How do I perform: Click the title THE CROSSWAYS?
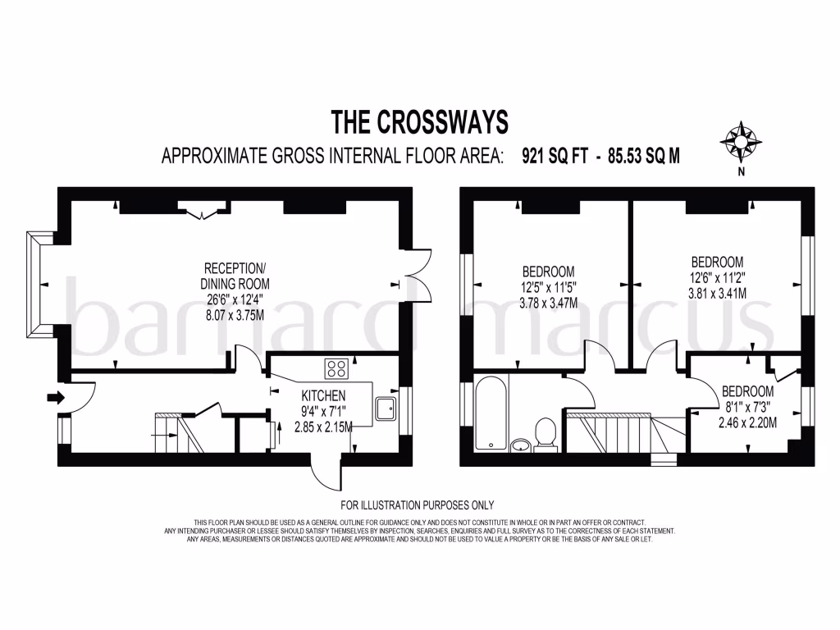click(x=419, y=121)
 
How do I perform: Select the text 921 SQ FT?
click(x=555, y=155)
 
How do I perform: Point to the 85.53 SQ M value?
click(x=643, y=155)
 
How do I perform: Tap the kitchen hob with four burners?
click(x=336, y=369)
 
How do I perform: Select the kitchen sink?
click(x=385, y=408)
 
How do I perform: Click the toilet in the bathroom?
click(x=546, y=433)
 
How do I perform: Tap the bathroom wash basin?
click(x=519, y=445)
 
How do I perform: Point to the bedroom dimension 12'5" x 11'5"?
click(x=549, y=287)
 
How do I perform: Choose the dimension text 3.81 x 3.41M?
click(x=717, y=293)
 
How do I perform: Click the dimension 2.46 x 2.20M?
click(x=747, y=422)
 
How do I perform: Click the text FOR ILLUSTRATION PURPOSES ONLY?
click(x=418, y=505)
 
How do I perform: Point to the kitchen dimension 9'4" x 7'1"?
click(x=322, y=411)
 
